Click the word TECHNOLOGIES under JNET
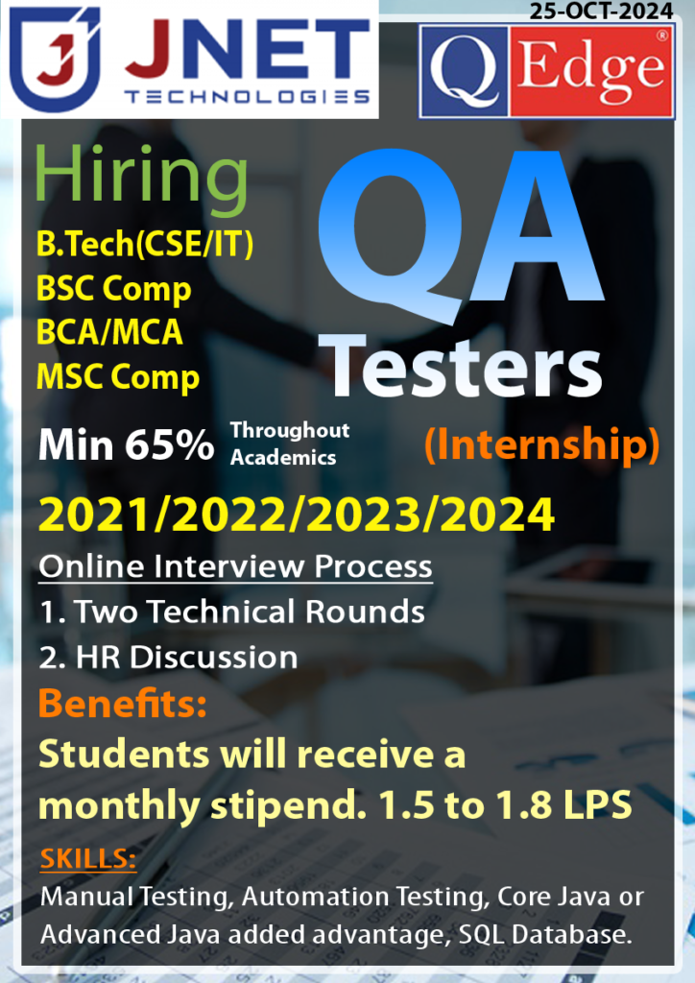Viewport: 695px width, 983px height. point(247,96)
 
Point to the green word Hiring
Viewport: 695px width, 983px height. point(140,177)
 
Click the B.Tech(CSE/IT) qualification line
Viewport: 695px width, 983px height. point(145,245)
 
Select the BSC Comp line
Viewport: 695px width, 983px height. point(113,289)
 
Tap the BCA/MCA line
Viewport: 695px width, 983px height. point(109,332)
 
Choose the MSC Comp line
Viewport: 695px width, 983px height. point(117,376)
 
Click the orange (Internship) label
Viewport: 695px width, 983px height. point(541,444)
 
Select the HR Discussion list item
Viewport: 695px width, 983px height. point(168,657)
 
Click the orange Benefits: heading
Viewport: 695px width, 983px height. point(123,705)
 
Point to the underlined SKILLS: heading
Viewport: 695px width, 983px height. point(88,858)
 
